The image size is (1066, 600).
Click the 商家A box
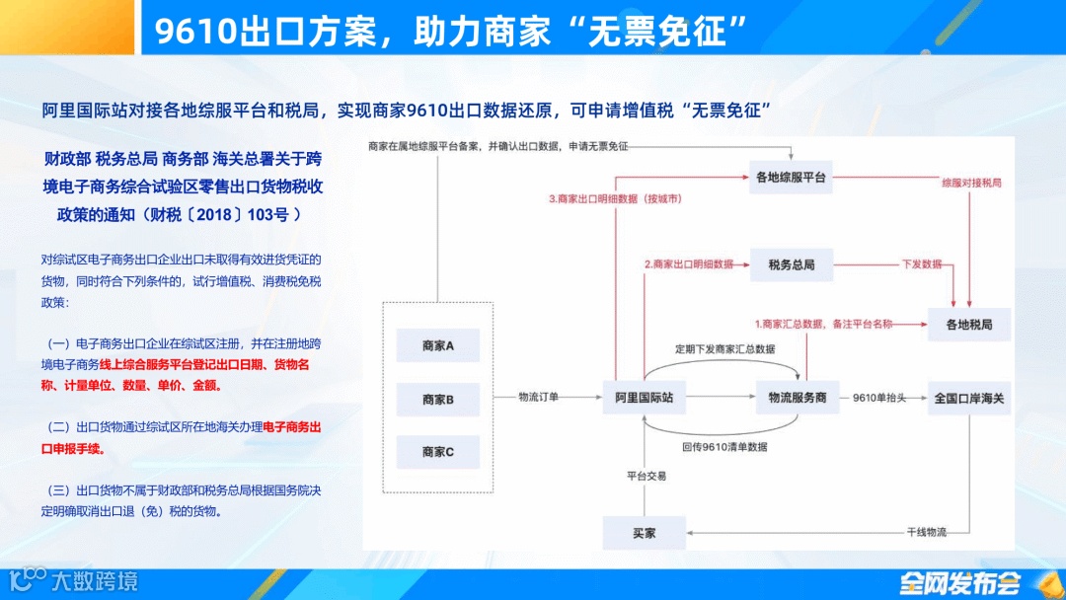pos(437,346)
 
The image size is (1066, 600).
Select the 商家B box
pos(437,400)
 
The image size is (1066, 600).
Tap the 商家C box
pos(437,452)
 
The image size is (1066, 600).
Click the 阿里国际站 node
pos(645,398)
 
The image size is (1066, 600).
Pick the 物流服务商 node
pos(791,398)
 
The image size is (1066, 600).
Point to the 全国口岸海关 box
pos(969,398)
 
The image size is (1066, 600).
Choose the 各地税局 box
pos(969,324)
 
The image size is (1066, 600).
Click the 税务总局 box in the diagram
pos(791,264)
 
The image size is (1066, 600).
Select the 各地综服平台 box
pos(791,178)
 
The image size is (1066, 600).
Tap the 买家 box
pos(645,534)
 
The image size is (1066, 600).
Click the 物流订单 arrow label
pos(539,397)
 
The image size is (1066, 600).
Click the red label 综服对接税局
pos(971,184)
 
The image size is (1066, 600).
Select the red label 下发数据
pos(922,264)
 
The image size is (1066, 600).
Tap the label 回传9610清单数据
pos(724,446)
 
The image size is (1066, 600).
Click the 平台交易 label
pos(647,476)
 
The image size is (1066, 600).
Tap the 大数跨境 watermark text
pos(94,581)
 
